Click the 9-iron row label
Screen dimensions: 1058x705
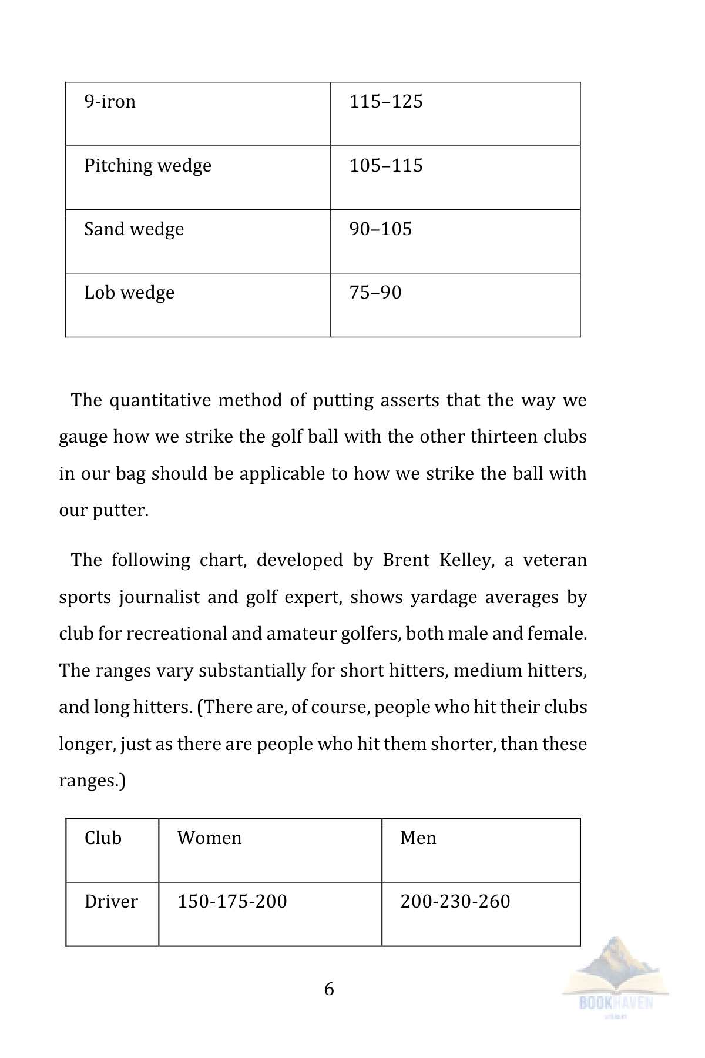click(x=110, y=102)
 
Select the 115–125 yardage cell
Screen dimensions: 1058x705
click(x=386, y=102)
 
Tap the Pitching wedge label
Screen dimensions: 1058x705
click(x=147, y=166)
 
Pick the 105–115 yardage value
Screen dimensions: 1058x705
click(x=386, y=165)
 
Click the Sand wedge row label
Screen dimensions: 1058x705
click(x=134, y=229)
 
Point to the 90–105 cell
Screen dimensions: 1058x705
click(x=381, y=229)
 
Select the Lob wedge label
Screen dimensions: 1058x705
click(x=129, y=293)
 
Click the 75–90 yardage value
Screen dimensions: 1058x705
click(x=375, y=292)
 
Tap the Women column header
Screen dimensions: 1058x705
click(x=209, y=838)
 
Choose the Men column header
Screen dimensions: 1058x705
click(x=418, y=838)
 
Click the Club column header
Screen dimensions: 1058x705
click(x=103, y=838)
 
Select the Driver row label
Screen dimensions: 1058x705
click(x=111, y=901)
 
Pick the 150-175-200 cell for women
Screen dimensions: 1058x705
click(x=232, y=901)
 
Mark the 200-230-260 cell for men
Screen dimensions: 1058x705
click(x=455, y=901)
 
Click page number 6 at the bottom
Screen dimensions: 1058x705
click(x=329, y=989)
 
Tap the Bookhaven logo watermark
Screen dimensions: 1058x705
click(x=615, y=976)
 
